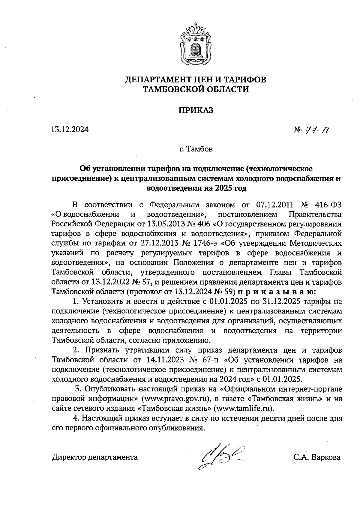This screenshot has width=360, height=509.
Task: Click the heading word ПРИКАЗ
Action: pyautogui.click(x=196, y=110)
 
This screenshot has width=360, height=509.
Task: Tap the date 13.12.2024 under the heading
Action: pyautogui.click(x=70, y=130)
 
